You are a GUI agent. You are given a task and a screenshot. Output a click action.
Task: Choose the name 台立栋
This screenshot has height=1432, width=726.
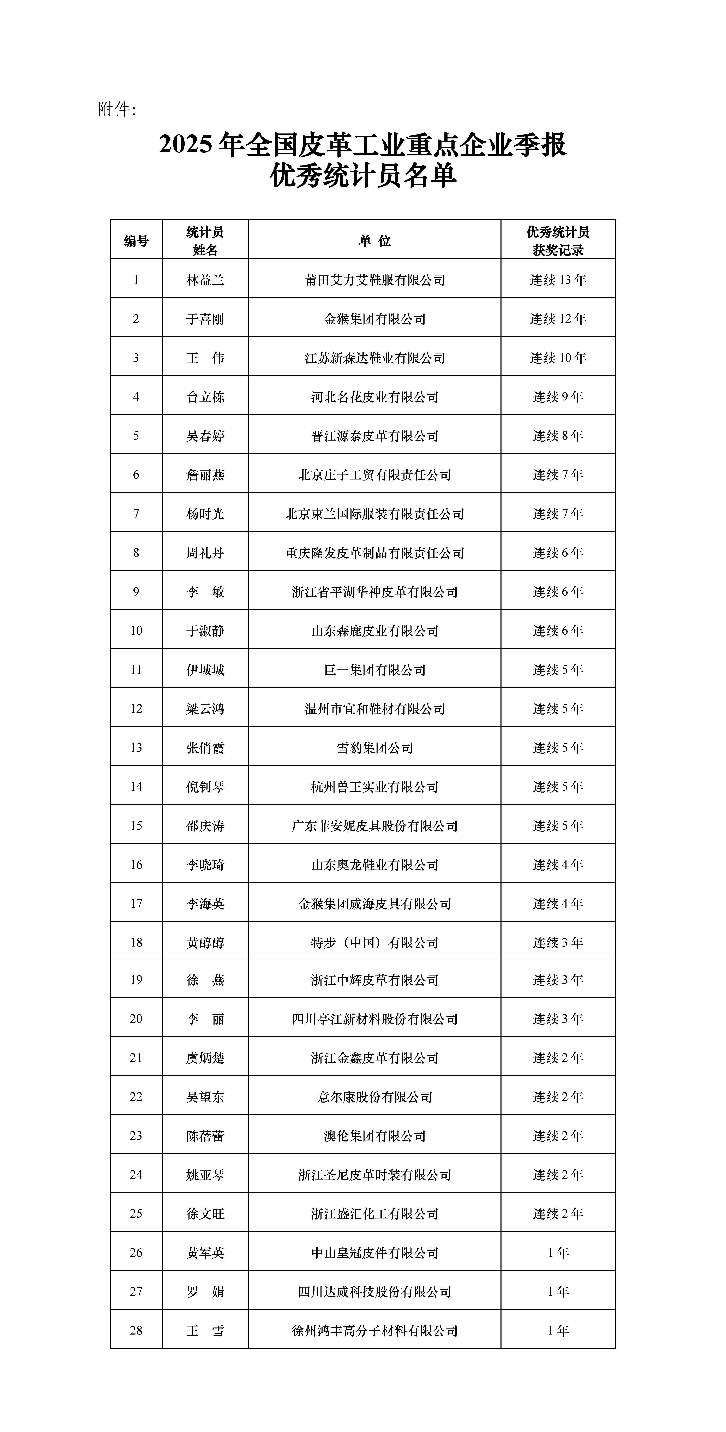pyautogui.click(x=205, y=397)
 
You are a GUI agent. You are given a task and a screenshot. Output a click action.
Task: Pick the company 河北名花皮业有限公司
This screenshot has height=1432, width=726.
pyautogui.click(x=375, y=397)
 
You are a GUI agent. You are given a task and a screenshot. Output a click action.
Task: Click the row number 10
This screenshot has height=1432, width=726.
pyautogui.click(x=136, y=630)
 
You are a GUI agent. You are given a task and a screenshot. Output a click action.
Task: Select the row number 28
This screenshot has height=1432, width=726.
pyautogui.click(x=136, y=1330)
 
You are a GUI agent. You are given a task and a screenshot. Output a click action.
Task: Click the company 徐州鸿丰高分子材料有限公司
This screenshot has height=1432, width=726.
pyautogui.click(x=375, y=1330)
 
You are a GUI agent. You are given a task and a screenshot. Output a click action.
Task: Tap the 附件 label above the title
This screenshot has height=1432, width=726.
pyautogui.click(x=117, y=109)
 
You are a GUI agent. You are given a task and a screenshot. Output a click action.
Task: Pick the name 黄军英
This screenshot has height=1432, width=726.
pyautogui.click(x=205, y=1252)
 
